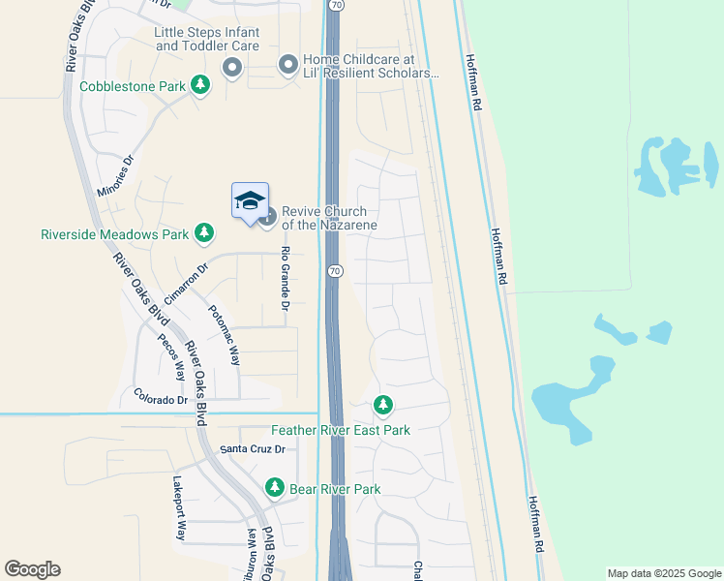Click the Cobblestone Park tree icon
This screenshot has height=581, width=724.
pos(200,86)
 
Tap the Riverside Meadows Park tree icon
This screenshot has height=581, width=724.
pos(203,232)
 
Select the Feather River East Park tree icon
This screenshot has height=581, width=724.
pos(383,405)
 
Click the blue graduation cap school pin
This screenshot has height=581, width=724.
pos(250,201)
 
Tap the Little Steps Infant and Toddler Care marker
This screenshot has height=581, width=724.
pos(232,67)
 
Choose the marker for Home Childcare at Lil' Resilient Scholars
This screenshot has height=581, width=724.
pos(287,66)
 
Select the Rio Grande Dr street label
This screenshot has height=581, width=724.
pos(286,278)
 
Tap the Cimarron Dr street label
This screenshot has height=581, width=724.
pos(186,285)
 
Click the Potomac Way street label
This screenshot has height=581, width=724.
pos(224,335)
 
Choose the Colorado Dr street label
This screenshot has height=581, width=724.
pos(161,399)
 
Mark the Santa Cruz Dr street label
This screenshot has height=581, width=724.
pos(253,449)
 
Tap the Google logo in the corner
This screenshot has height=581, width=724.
pos(32,569)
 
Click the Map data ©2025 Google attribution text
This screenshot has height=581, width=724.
pos(664,573)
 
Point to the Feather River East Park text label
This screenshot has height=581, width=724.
pos(341,430)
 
